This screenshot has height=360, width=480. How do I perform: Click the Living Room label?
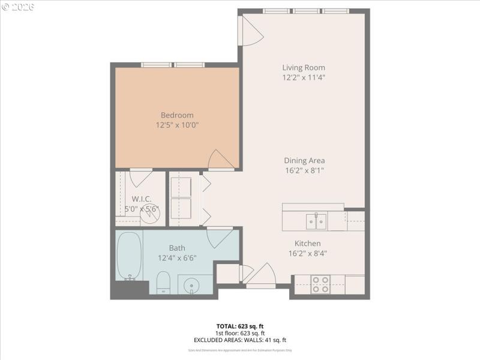[304, 68]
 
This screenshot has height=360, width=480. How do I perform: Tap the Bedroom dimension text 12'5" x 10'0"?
[177, 125]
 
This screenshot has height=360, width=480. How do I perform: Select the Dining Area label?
[304, 160]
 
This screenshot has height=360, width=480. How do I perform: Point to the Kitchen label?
[307, 243]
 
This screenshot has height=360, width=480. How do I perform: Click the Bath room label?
[177, 248]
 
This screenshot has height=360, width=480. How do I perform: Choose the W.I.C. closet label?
[142, 199]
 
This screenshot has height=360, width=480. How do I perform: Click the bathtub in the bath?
[129, 256]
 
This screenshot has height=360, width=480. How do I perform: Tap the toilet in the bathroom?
[164, 282]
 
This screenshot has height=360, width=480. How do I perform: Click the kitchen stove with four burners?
[320, 284]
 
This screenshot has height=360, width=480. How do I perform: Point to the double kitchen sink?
[316, 221]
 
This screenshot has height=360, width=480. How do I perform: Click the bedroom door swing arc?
[220, 160]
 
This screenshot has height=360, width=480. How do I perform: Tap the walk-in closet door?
[141, 178]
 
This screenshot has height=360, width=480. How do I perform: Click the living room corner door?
[250, 31]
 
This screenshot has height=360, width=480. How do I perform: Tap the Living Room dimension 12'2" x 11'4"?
[304, 77]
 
